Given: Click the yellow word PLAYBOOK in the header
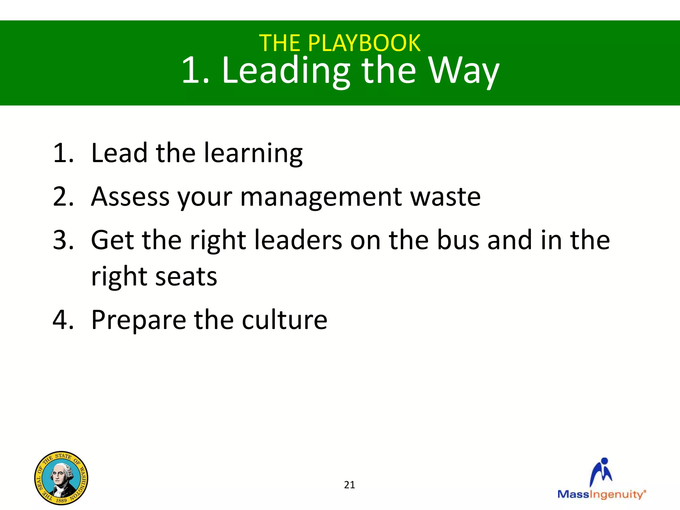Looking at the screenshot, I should tap(364, 43).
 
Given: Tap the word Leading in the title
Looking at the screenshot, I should tap(286, 71).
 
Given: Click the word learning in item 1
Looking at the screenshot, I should tap(253, 153).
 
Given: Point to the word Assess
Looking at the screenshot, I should tap(130, 197).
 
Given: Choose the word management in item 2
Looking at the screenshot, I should tap(321, 197).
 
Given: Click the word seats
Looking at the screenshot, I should tap(186, 277).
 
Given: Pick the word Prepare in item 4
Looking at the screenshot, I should tap(138, 320).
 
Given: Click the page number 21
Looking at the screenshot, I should tap(349, 485).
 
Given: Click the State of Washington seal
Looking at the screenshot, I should tap(61, 478).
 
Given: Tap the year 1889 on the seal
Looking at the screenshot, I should tap(61, 500).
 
